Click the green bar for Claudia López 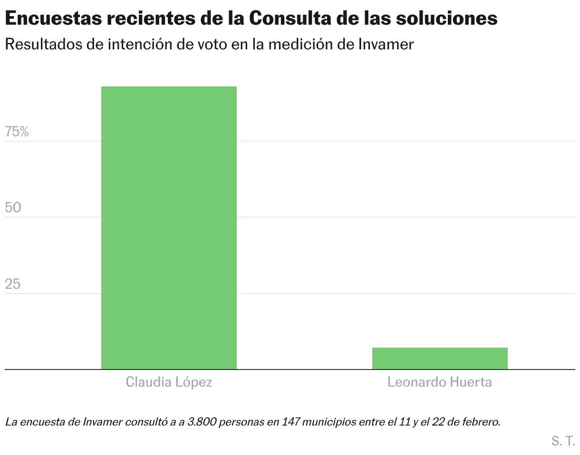(x=169, y=227)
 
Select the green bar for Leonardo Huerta (x=440, y=358)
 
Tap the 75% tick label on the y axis (x=17, y=132)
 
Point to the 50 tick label (x=14, y=208)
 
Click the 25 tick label (x=14, y=284)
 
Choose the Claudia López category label (x=169, y=382)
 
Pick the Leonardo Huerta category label (x=440, y=382)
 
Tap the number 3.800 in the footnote (x=203, y=421)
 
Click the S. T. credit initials (x=563, y=441)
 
